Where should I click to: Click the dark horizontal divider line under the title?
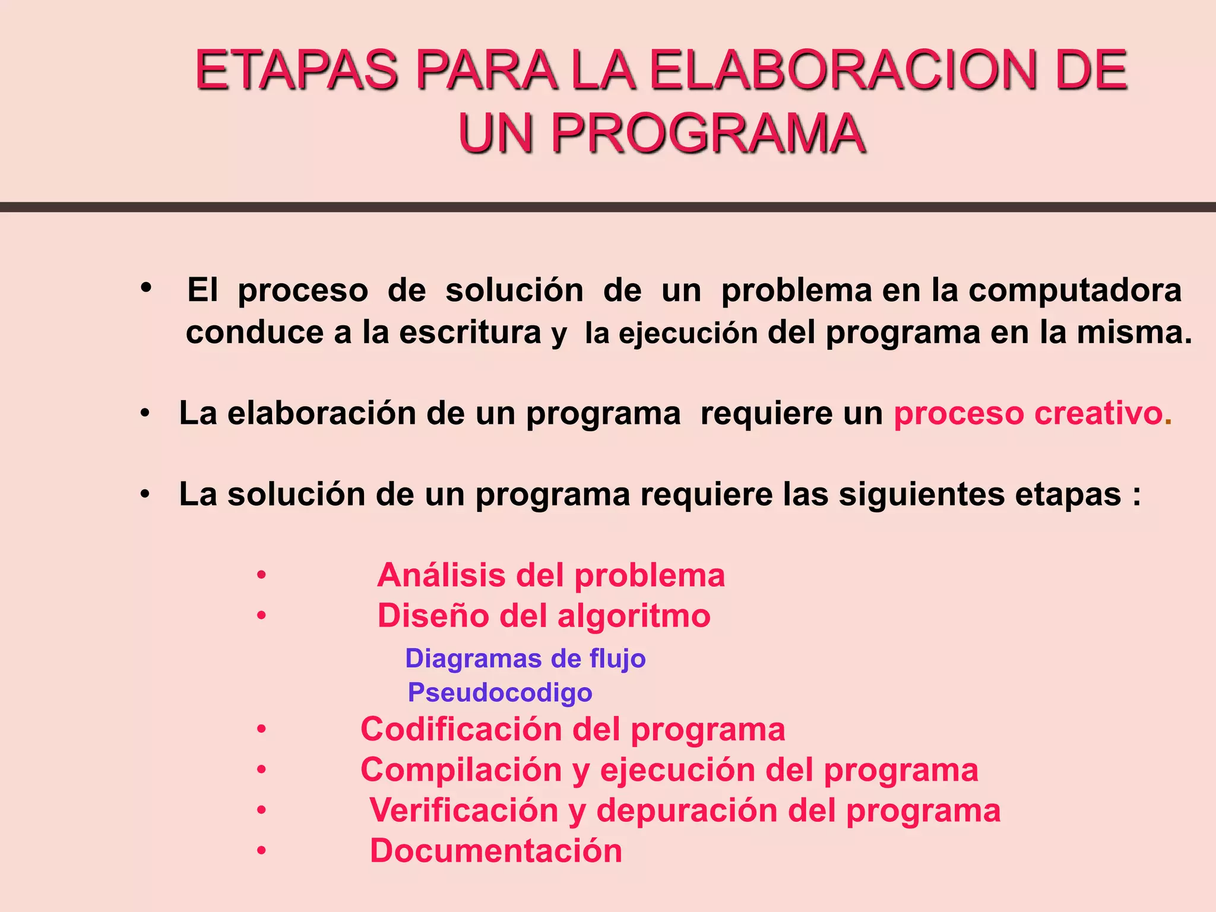click(608, 207)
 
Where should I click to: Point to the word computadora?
click(1075, 290)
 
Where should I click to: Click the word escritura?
click(470, 332)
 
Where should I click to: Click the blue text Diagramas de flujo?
click(525, 658)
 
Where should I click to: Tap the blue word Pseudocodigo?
click(500, 693)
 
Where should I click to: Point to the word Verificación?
click(463, 810)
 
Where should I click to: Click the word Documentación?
click(496, 851)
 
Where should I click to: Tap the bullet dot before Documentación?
click(261, 851)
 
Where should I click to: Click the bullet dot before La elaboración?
click(145, 413)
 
